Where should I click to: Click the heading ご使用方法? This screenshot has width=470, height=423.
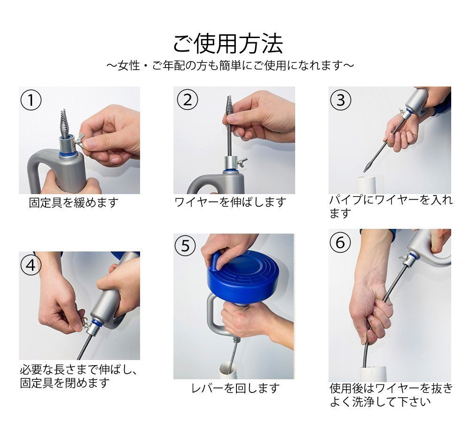click(x=228, y=44)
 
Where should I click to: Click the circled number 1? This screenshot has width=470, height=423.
click(x=31, y=100)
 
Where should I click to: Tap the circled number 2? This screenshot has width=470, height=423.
click(x=188, y=100)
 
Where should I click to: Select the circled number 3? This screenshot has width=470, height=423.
click(x=340, y=100)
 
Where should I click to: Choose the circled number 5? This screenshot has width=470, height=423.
click(x=185, y=245)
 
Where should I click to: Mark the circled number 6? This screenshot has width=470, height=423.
click(x=340, y=242)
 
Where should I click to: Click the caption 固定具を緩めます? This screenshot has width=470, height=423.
click(x=74, y=203)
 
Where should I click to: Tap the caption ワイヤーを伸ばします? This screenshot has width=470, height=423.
click(x=230, y=203)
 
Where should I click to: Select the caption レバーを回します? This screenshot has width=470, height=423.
click(x=235, y=389)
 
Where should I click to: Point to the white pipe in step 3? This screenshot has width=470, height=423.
click(x=366, y=185)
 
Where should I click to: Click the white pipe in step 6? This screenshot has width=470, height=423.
click(x=373, y=373)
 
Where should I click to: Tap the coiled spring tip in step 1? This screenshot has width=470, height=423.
click(x=67, y=123)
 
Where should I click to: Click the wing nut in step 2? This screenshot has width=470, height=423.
click(x=242, y=162)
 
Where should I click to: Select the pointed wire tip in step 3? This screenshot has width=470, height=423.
click(x=366, y=166)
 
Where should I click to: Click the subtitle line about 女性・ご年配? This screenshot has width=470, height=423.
click(x=230, y=65)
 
